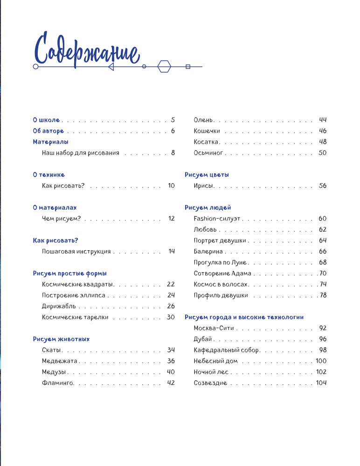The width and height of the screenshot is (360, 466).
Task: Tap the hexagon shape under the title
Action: [x=164, y=67]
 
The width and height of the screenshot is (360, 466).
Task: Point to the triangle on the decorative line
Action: [x=111, y=67]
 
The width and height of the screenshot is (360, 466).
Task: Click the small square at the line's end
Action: [x=188, y=67]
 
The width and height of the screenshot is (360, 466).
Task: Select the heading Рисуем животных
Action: [x=61, y=339]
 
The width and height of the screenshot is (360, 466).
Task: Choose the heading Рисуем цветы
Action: [x=207, y=175]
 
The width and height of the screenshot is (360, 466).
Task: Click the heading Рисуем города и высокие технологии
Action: [x=244, y=317]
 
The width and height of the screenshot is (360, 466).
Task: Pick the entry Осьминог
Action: [x=208, y=153]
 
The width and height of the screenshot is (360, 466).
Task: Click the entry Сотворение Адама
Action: [x=222, y=273]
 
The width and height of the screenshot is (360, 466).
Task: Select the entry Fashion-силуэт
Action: [x=217, y=218]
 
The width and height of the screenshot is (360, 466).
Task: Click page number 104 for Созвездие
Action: [x=321, y=383]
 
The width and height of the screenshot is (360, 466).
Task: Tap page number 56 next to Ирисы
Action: [x=323, y=185]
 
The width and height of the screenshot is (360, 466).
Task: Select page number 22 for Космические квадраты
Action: [x=171, y=284]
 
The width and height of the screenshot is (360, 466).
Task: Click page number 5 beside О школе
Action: [x=173, y=120]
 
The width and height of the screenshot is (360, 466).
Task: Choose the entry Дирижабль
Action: [x=59, y=306]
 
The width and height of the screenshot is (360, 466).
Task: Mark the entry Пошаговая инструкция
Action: [x=76, y=251]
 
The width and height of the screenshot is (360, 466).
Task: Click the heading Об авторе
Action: [x=48, y=131]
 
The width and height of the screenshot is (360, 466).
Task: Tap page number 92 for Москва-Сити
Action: [x=323, y=328]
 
